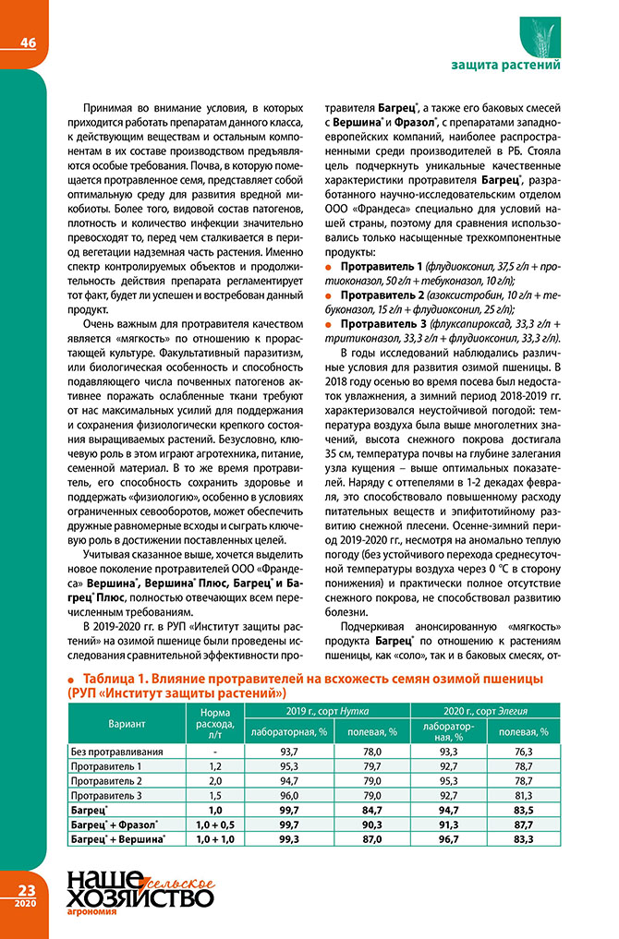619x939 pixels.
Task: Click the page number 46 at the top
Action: pyautogui.click(x=23, y=42)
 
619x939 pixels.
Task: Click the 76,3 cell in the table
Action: pyautogui.click(x=525, y=752)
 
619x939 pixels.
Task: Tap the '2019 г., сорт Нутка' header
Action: pyautogui.click(x=327, y=711)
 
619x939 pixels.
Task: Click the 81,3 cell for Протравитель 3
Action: pyautogui.click(x=525, y=796)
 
